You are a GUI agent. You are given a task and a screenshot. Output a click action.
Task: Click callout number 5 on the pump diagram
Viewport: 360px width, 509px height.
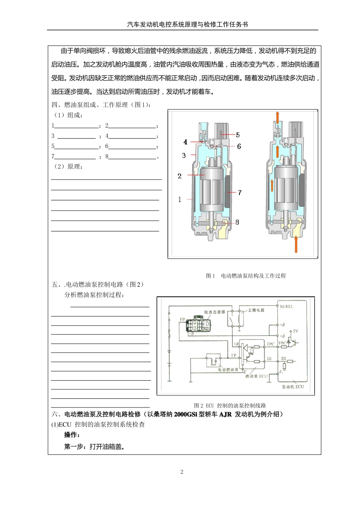[x=238, y=135]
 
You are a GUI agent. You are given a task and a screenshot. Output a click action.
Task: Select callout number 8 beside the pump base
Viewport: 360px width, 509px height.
[x=237, y=222]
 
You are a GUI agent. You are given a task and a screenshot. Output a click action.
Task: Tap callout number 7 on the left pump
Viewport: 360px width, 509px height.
[x=239, y=193]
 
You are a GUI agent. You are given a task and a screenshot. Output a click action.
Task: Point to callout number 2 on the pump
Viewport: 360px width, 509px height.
[x=180, y=176]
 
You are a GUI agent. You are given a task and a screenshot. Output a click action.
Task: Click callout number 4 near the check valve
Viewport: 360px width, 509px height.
[x=185, y=142]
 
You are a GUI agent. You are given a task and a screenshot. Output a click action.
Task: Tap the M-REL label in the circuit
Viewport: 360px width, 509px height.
[x=286, y=306]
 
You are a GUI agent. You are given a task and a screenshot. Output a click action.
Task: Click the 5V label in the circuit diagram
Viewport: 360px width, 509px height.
[x=296, y=331]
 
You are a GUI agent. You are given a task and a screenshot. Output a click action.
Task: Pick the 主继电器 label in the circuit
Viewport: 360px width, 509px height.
[x=256, y=310]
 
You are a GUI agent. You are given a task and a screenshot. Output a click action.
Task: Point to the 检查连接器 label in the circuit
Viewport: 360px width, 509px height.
[x=214, y=312]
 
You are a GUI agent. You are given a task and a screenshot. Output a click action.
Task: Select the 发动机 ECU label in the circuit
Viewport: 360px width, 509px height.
[x=293, y=387]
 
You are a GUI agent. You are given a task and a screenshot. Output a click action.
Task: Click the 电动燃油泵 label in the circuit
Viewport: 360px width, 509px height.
[x=228, y=370]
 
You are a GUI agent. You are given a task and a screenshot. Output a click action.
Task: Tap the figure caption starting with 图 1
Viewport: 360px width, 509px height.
[x=246, y=276]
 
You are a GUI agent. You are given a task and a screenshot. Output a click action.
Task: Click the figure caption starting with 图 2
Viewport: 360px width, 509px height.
[x=230, y=405]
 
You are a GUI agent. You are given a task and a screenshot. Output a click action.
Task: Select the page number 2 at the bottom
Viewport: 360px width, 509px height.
[x=182, y=472]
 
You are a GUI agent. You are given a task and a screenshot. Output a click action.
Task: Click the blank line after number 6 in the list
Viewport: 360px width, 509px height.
[x=132, y=147]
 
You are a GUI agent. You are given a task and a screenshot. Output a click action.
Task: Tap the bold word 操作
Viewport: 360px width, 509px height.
[x=72, y=435]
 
